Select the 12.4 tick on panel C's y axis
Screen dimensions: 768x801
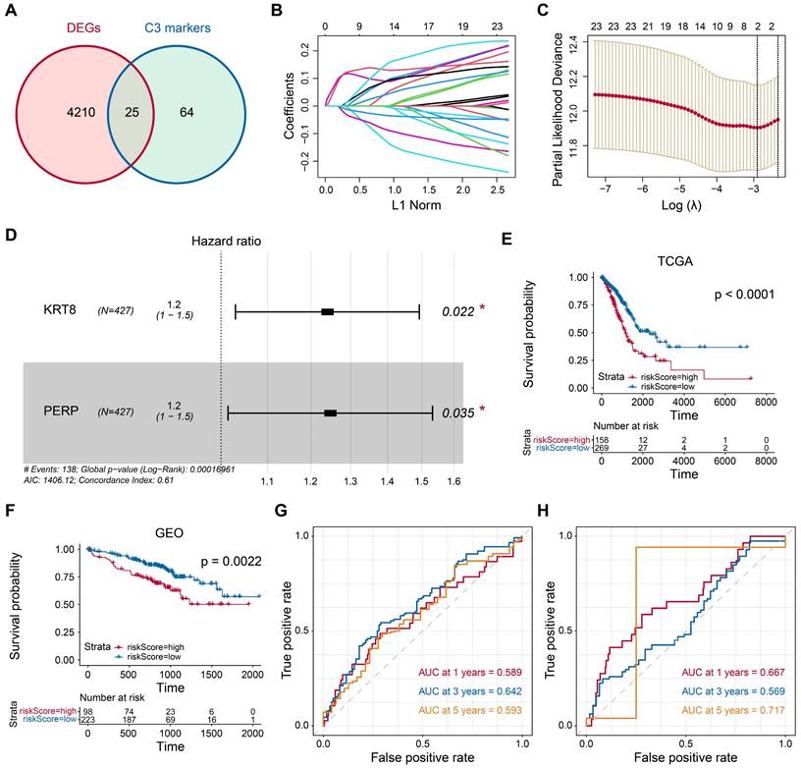[571, 39]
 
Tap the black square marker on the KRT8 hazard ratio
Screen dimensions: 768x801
[328, 311]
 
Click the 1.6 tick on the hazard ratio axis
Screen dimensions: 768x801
[455, 481]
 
